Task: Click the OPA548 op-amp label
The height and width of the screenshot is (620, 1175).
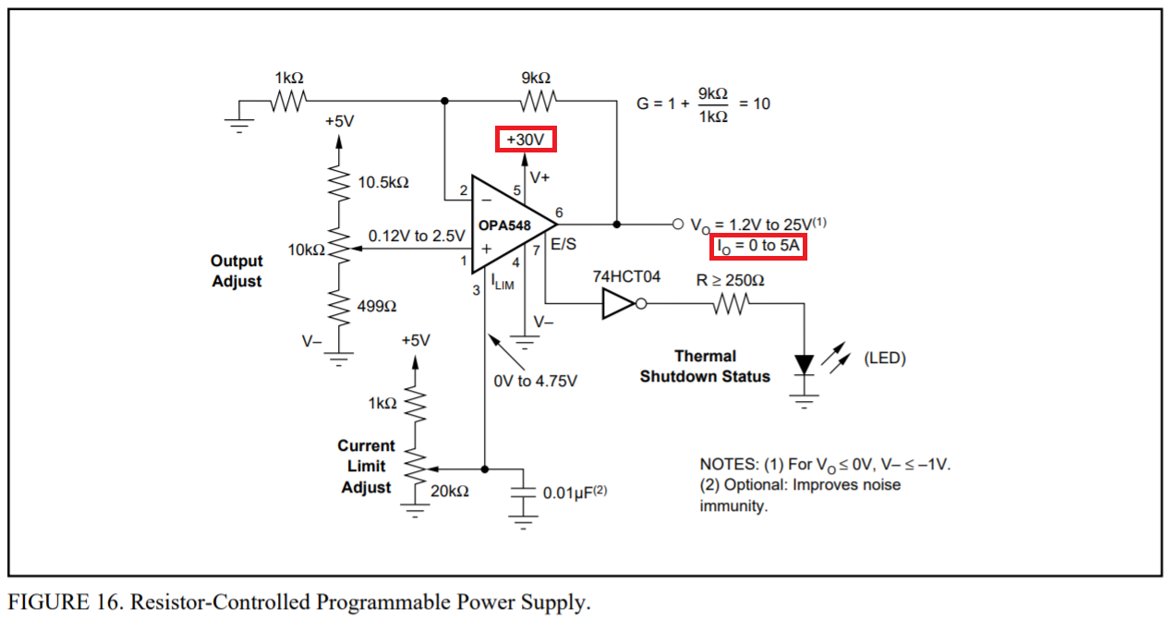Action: (503, 225)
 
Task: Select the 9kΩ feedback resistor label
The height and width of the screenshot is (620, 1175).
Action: (536, 79)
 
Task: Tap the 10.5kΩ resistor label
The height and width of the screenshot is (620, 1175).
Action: (383, 183)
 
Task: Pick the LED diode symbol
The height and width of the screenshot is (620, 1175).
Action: (806, 364)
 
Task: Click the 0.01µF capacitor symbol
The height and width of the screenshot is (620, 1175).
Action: (525, 492)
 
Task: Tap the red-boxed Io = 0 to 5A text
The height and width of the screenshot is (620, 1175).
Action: (758, 247)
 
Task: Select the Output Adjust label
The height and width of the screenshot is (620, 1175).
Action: (237, 272)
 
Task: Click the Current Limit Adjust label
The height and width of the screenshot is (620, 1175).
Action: (367, 467)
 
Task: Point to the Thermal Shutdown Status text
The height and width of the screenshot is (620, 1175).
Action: (705, 366)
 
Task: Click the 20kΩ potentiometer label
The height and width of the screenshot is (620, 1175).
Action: (450, 492)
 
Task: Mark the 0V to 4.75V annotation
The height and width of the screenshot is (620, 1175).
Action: (536, 381)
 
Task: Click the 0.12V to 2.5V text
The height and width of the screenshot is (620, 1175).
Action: (417, 236)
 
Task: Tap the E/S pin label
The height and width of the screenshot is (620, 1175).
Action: (563, 246)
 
